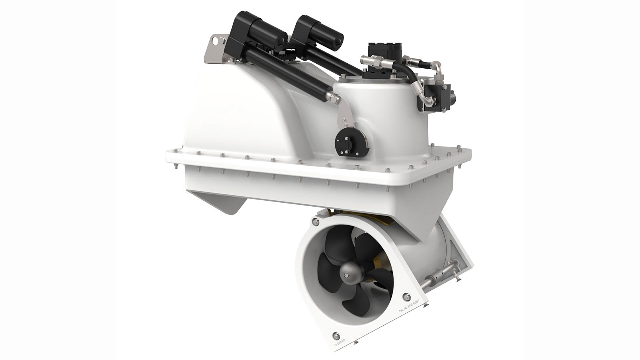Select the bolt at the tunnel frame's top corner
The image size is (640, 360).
316,222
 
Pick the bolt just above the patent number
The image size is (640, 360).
406,296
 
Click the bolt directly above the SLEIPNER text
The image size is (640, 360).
336,336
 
